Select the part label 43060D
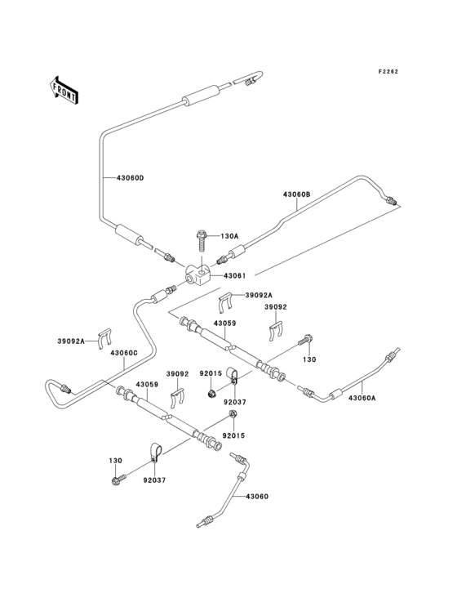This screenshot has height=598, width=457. click(x=129, y=178)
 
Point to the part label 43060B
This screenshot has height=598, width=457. click(x=297, y=194)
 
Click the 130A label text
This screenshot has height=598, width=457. click(x=228, y=236)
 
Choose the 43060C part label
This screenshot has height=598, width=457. click(x=122, y=353)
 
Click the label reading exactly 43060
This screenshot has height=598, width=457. click(x=256, y=496)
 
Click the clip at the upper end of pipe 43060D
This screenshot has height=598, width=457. click(x=251, y=79)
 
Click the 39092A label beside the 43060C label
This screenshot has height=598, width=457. click(x=73, y=341)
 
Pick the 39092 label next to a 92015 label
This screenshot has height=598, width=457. click(x=180, y=373)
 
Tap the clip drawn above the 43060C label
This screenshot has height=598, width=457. click(x=105, y=337)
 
